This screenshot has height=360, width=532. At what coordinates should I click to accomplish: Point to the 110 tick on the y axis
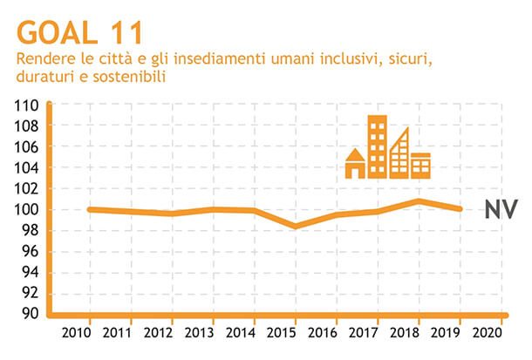(x=26, y=105)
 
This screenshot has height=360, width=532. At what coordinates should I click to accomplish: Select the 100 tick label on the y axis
(x=26, y=209)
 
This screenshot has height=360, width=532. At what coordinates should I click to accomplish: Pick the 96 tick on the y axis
(x=29, y=251)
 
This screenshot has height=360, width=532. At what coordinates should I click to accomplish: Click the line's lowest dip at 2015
(x=294, y=226)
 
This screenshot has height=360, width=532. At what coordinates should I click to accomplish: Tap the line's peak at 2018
(x=418, y=201)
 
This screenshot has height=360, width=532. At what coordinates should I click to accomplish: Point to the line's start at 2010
(x=90, y=209)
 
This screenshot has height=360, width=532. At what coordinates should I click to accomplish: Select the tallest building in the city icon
(x=377, y=146)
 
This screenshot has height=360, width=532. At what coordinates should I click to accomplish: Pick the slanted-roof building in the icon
(x=399, y=154)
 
